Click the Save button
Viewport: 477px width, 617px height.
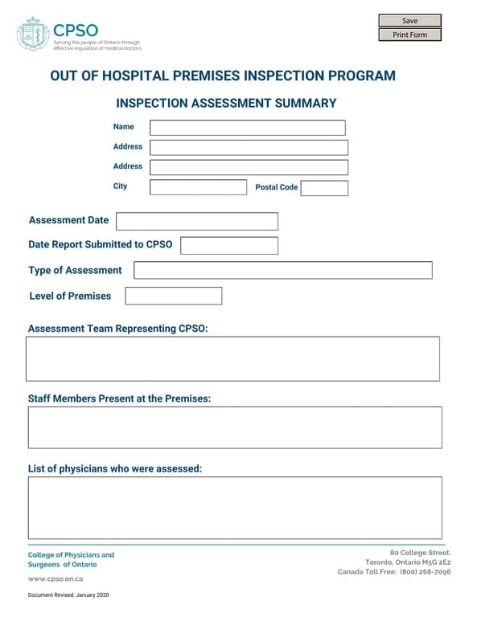click(x=409, y=21)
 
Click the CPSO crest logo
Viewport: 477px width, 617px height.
click(x=33, y=35)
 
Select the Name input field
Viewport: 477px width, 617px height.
click(x=247, y=128)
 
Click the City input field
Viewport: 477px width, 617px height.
click(x=198, y=187)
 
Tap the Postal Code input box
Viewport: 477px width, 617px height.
click(x=324, y=188)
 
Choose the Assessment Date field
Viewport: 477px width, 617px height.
click(x=197, y=221)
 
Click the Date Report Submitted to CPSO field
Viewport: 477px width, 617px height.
click(x=229, y=245)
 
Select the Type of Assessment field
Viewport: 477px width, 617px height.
click(x=282, y=270)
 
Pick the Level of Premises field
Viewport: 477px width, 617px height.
click(x=173, y=296)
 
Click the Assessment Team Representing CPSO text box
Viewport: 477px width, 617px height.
click(x=232, y=358)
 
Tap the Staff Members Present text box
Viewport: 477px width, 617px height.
click(x=234, y=427)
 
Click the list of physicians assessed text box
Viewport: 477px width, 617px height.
click(x=234, y=508)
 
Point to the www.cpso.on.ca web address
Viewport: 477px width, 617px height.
click(x=56, y=578)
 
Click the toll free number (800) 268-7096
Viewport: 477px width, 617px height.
click(x=425, y=572)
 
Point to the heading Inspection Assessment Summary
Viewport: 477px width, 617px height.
click(x=226, y=104)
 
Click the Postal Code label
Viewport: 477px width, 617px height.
click(x=276, y=187)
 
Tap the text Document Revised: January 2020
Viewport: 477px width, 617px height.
click(x=68, y=595)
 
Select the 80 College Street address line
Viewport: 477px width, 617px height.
click(x=420, y=553)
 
